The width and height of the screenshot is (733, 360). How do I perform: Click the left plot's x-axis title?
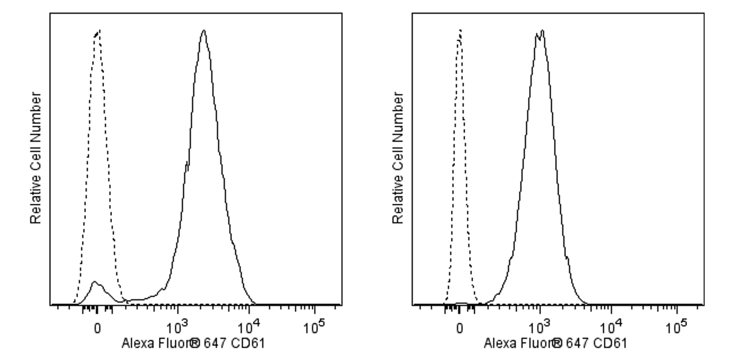pos(193,344)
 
